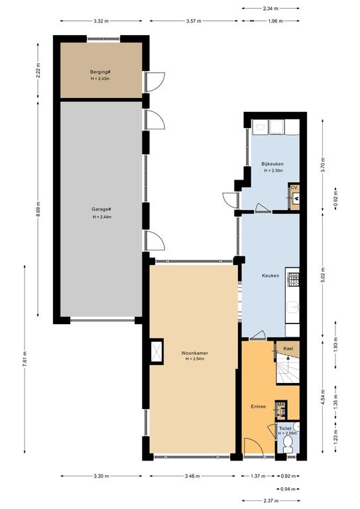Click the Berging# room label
point(101,72)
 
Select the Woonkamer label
point(195,353)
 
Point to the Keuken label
point(270,276)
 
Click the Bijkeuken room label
point(272,164)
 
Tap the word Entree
point(259,406)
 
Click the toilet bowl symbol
point(288,444)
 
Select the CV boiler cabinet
point(294,196)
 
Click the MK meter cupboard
point(281,410)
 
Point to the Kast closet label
point(288,349)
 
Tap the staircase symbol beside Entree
point(288,369)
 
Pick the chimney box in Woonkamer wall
point(157,351)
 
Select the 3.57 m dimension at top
point(194,21)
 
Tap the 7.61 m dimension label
point(25,359)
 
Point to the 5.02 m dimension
point(323,274)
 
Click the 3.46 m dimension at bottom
point(192,477)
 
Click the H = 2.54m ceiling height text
point(195,359)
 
